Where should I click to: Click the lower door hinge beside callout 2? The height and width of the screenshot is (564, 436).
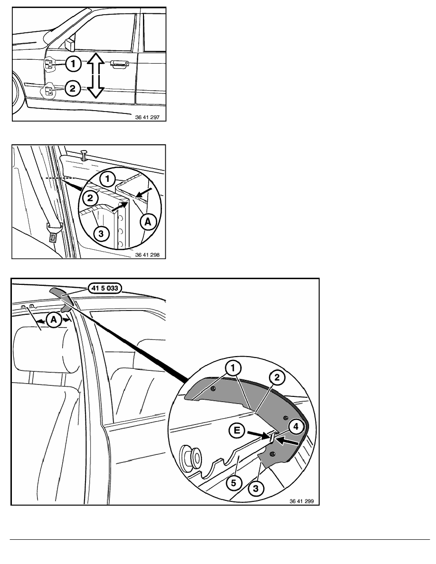click(x=48, y=91)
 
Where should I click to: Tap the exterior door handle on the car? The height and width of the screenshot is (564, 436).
click(x=120, y=64)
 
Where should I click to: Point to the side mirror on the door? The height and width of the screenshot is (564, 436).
click(x=69, y=44)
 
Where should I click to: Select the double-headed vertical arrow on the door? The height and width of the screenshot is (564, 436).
click(x=95, y=75)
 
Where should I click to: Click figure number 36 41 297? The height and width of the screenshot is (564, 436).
click(x=147, y=117)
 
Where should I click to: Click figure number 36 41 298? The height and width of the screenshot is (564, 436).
click(x=147, y=254)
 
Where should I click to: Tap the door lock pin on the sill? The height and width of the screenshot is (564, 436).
click(x=85, y=154)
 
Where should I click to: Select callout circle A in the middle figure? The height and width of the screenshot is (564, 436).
click(x=148, y=222)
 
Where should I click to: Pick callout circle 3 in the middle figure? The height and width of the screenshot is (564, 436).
click(x=101, y=234)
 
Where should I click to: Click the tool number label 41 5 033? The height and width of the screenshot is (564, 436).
click(x=104, y=288)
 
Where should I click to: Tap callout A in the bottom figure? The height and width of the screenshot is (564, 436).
click(x=54, y=320)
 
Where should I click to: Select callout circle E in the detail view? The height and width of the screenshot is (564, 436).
click(x=237, y=430)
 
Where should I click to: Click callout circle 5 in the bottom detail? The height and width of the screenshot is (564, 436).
click(x=234, y=482)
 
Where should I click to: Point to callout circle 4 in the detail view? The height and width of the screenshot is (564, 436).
click(x=296, y=427)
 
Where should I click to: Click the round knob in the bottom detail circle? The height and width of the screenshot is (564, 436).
click(x=192, y=456)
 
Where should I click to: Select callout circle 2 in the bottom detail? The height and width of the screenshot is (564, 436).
click(x=277, y=378)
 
